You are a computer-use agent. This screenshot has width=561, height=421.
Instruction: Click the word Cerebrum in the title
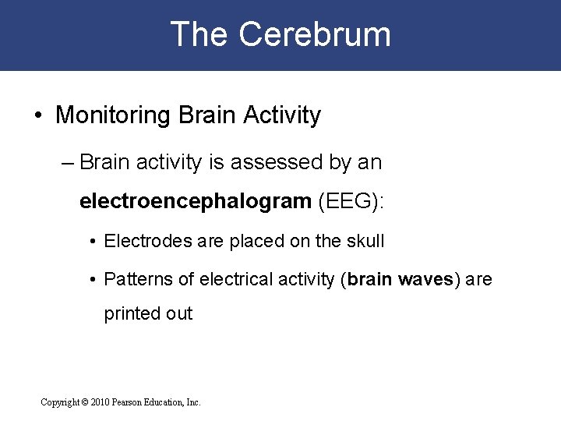point(315,35)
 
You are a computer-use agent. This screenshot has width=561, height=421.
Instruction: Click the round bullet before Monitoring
point(38,116)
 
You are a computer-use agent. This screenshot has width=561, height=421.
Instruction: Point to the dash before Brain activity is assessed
point(67,163)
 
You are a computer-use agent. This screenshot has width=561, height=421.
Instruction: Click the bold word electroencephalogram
point(195,201)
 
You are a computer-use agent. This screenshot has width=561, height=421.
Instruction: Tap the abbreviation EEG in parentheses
point(345,201)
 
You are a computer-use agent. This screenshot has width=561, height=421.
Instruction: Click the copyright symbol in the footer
point(84,402)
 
